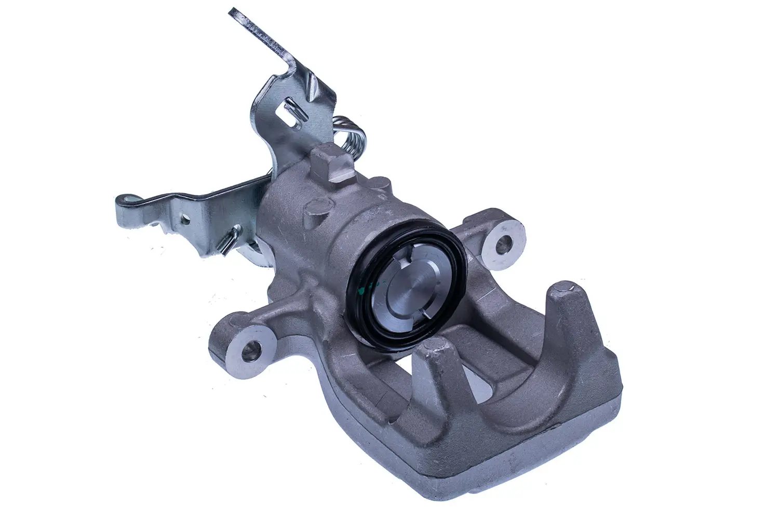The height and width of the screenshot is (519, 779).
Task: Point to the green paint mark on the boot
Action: pyautogui.click(x=381, y=285)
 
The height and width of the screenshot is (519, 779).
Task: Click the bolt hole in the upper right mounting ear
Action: pyautogui.click(x=503, y=243)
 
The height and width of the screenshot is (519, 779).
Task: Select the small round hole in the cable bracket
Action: pyautogui.click(x=184, y=220)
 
